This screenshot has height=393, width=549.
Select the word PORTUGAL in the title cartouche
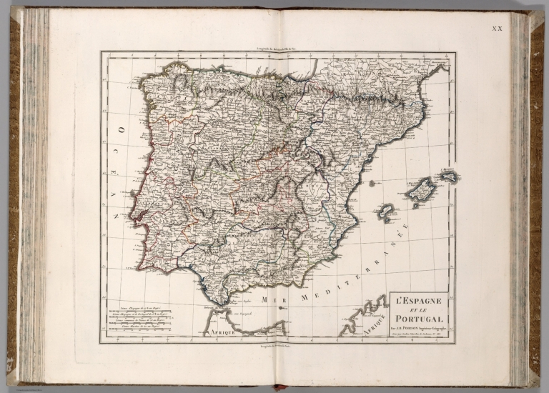pyautogui.click(x=422, y=319)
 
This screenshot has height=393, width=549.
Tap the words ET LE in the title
pyautogui.click(x=422, y=309)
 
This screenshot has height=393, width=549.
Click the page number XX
pyautogui.click(x=498, y=29)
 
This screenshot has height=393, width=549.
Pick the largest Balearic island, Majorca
pyautogui.click(x=421, y=189)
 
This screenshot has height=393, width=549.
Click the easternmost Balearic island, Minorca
pyautogui.click(x=448, y=175)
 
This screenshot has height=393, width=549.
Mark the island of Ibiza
pyautogui.click(x=386, y=212)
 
